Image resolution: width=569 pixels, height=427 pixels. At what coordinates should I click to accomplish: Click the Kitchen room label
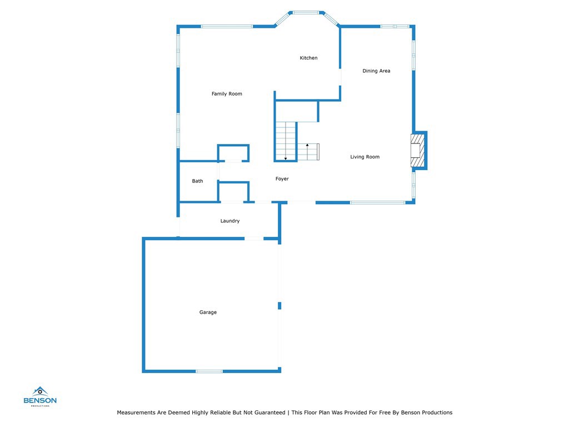pyautogui.click(x=308, y=58)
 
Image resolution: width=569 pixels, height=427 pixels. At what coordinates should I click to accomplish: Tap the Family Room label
pyautogui.click(x=227, y=93)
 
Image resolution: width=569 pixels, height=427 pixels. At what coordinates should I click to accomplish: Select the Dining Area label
pyautogui.click(x=376, y=71)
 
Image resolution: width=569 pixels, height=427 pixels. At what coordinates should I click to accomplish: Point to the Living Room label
pyautogui.click(x=365, y=157)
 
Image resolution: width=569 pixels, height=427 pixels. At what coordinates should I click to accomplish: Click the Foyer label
pyautogui.click(x=282, y=178)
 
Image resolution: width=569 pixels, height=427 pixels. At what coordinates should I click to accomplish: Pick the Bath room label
pyautogui.click(x=197, y=181)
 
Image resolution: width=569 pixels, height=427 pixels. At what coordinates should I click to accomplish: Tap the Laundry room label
pyautogui.click(x=230, y=221)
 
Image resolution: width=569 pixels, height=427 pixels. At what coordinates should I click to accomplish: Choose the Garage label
pyautogui.click(x=208, y=312)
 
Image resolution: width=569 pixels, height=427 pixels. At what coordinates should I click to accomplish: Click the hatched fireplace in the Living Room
pyautogui.click(x=417, y=150)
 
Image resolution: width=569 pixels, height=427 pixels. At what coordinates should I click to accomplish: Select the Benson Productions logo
pyautogui.click(x=40, y=396)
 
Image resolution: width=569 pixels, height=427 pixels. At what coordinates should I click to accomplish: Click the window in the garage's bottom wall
pyautogui.click(x=209, y=371)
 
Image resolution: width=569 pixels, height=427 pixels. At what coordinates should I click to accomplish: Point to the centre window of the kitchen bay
pyautogui.click(x=306, y=13)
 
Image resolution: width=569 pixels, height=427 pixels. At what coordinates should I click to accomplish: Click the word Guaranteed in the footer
pyautogui.click(x=269, y=413)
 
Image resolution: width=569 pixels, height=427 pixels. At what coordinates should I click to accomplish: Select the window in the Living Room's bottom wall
pyautogui.click(x=378, y=202)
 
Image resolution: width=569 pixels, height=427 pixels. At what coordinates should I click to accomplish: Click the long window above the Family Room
pyautogui.click(x=227, y=27)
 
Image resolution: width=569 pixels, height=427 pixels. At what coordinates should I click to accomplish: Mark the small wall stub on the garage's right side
pyautogui.click(x=279, y=306)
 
